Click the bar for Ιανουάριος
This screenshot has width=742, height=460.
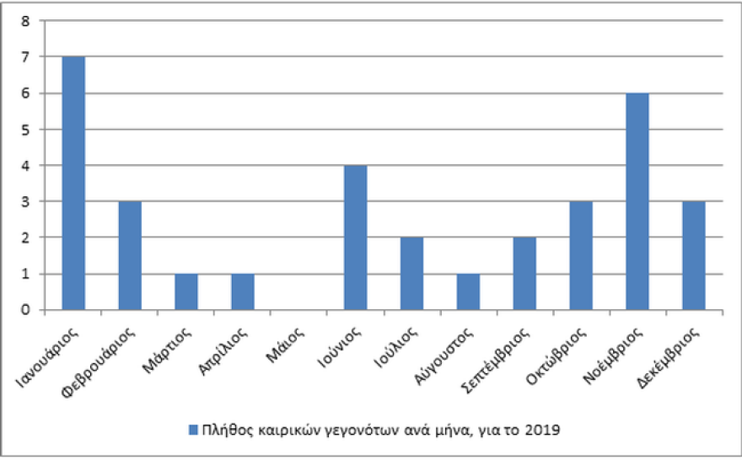click(x=73, y=183)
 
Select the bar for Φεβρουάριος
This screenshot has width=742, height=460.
click(x=130, y=255)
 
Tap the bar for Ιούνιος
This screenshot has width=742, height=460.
click(x=356, y=238)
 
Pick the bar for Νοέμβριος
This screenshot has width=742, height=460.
click(x=637, y=201)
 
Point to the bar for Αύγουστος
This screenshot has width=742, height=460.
click(x=468, y=292)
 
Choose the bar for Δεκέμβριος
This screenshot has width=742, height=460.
click(x=694, y=255)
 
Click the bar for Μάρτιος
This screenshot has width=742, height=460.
click(x=186, y=292)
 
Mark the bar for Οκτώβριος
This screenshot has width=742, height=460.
click(x=581, y=255)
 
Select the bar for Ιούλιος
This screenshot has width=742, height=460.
click(x=411, y=274)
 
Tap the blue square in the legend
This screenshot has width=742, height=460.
click(x=193, y=430)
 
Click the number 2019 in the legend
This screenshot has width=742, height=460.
click(x=544, y=430)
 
